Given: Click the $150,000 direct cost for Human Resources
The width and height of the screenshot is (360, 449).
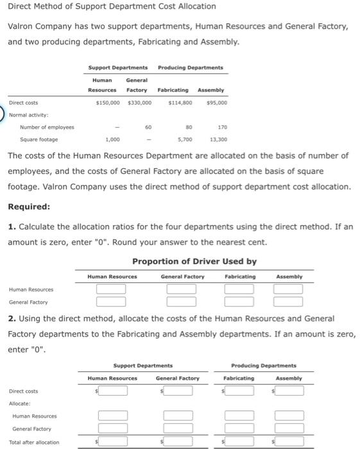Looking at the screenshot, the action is (x=107, y=103).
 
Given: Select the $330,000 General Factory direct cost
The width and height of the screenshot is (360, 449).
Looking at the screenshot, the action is (x=139, y=103).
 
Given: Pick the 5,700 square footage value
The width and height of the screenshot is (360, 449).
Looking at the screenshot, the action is (x=184, y=139).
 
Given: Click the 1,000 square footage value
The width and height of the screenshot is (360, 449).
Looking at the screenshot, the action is (x=112, y=139).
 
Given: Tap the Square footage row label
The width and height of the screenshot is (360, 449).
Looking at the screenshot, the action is (x=39, y=139).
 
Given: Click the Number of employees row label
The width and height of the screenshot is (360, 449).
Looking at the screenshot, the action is (x=47, y=127).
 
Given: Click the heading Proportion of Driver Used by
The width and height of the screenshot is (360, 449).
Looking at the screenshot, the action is (x=194, y=262).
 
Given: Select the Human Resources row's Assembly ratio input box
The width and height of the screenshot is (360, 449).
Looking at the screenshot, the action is (x=287, y=289).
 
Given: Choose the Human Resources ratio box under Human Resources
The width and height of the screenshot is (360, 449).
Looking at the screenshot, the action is (x=111, y=289).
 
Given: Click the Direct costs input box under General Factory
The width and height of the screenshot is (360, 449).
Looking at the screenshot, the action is (x=182, y=391).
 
